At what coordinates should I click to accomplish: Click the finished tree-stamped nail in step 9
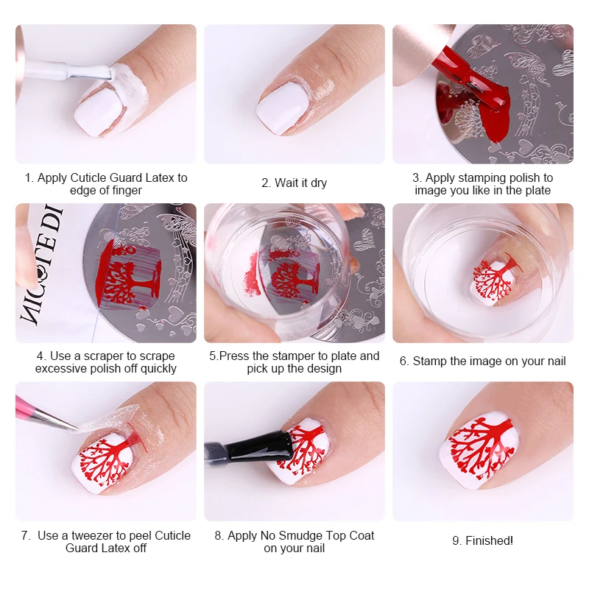pyautogui.click(x=482, y=449)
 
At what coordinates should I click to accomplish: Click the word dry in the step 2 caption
pyautogui.click(x=318, y=183)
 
